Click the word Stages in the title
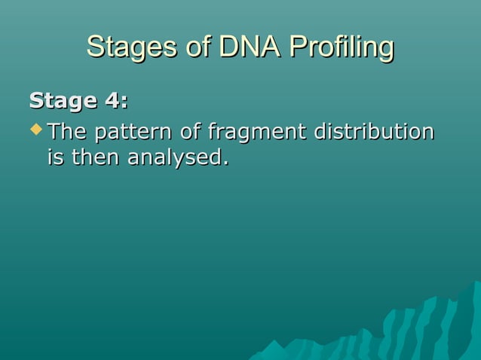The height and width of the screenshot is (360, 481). point(130,47)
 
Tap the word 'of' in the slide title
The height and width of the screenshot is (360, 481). point(196,47)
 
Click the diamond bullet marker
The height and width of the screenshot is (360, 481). point(35,131)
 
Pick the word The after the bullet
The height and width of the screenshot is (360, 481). point(67,132)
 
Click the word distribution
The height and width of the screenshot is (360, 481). point(374,132)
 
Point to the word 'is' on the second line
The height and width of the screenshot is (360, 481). point(56,159)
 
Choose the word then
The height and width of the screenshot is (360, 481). point(95,159)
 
